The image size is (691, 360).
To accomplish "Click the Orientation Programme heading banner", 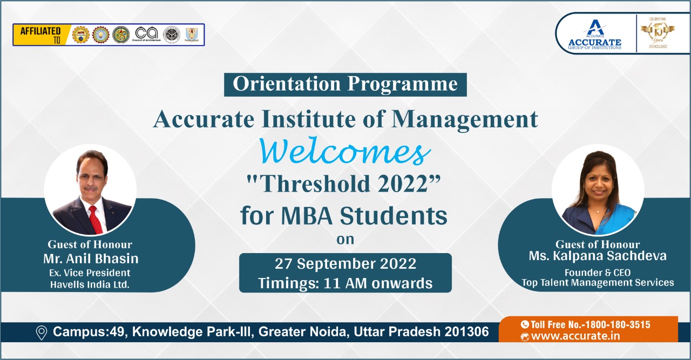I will click(345, 85).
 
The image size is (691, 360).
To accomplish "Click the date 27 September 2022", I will click(345, 264).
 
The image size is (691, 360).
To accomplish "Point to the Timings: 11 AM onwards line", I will click(345, 283).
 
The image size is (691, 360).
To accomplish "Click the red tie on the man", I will click(95, 219).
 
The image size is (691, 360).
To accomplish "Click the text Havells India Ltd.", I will click(90, 285).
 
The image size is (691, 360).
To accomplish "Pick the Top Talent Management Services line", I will click(598, 282).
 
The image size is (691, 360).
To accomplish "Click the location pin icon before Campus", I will click(41, 332).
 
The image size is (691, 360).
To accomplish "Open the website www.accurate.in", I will click(575, 337).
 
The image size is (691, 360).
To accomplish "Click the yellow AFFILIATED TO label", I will click(40, 35).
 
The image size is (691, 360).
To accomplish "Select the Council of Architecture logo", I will click(147, 34).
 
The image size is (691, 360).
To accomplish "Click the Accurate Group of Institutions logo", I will click(594, 35).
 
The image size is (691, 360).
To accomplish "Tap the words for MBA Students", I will click(344, 216).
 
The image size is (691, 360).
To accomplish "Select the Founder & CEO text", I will click(598, 272).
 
